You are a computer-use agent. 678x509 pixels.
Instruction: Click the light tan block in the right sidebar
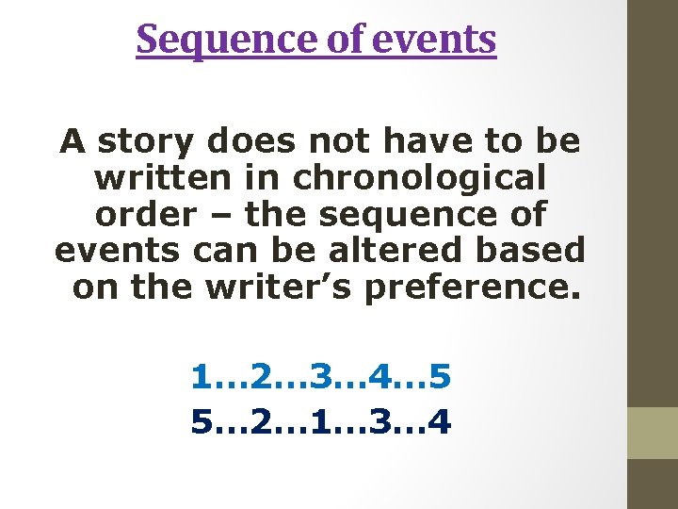(653, 433)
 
